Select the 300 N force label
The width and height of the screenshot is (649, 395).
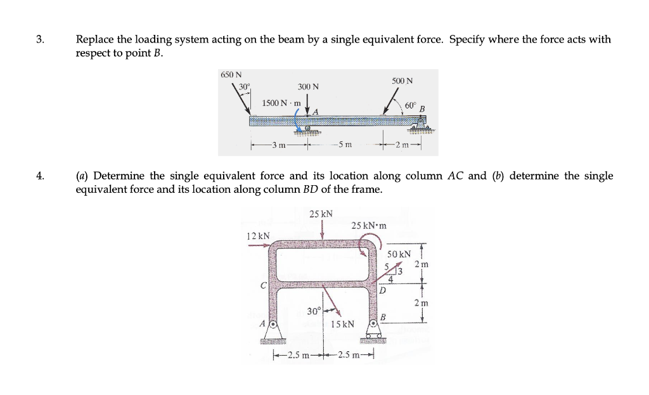[x=308, y=86]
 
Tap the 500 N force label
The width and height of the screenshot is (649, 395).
[x=402, y=81]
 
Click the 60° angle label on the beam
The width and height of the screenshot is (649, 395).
[x=410, y=104]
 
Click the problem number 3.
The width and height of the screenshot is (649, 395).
[x=40, y=39]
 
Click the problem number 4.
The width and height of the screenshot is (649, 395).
[x=40, y=176]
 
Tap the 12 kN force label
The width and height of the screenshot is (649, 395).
[x=258, y=236]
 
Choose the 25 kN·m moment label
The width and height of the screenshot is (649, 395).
[x=369, y=225]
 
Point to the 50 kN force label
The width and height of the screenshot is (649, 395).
[x=400, y=254]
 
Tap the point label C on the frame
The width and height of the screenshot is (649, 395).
[x=262, y=286]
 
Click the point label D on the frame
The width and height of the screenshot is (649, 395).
[x=383, y=291]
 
